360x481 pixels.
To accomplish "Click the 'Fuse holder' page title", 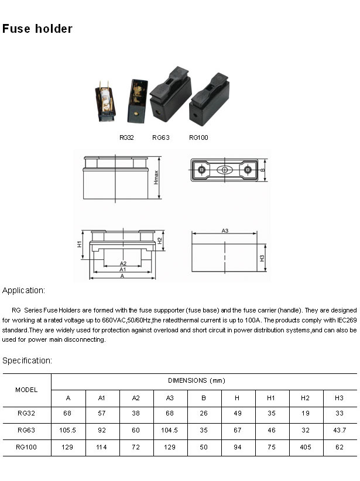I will (37, 29).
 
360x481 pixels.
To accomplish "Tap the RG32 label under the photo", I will (126, 138).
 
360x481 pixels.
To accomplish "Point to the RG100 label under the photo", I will (198, 138).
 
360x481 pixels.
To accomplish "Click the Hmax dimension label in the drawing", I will (156, 178).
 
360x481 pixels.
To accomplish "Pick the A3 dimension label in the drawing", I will (225, 231).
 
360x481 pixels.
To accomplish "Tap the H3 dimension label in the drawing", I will (262, 258).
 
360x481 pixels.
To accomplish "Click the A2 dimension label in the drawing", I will (123, 263).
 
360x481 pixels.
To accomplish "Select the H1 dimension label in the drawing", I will (80, 244).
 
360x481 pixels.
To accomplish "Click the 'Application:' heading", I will (23, 290).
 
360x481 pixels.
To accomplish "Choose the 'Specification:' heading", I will (27, 360).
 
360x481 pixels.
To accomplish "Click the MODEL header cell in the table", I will (26, 389).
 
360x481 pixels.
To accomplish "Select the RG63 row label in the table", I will (26, 431).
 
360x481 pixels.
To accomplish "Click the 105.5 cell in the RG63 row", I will (68, 431).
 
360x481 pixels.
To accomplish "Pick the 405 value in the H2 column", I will (305, 447).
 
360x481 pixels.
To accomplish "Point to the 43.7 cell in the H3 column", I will (339, 431).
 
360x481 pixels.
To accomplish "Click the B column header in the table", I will (204, 398).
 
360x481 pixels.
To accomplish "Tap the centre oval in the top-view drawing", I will (224, 170).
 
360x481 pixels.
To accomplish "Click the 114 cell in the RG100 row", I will (102, 447).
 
